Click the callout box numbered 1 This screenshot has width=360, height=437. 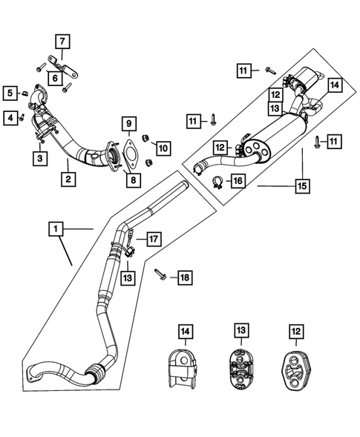pyautogui.click(x=56, y=230)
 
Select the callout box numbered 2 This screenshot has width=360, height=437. pyautogui.click(x=68, y=178)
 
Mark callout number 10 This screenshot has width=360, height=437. pyautogui.click(x=163, y=148)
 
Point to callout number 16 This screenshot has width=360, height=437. pyautogui.click(x=238, y=180)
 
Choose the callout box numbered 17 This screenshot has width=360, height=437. pyautogui.click(x=153, y=239)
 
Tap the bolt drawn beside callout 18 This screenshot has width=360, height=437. pyautogui.click(x=160, y=275)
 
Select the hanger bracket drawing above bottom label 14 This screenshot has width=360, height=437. pyautogui.click(x=180, y=369)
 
